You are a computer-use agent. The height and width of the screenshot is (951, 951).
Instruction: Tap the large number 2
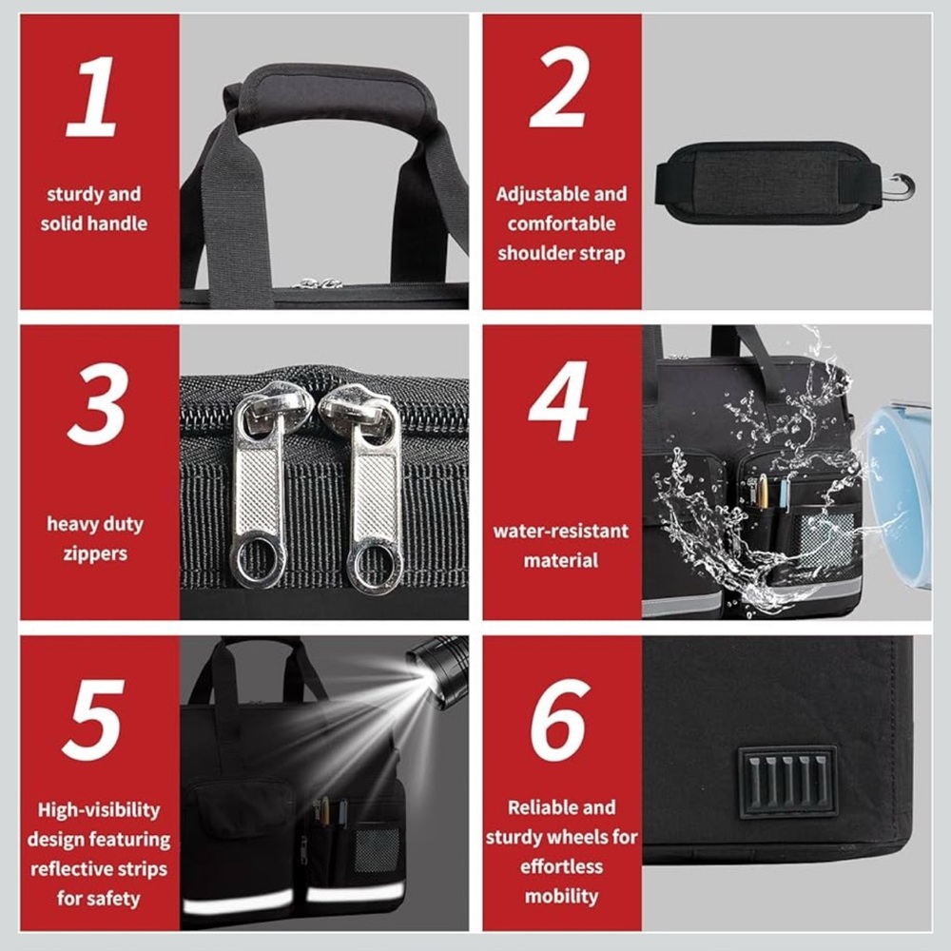pyautogui.click(x=559, y=87)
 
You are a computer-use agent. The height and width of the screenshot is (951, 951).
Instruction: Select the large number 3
pyautogui.click(x=98, y=404)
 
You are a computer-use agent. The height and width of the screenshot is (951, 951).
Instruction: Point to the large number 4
pyautogui.click(x=558, y=401)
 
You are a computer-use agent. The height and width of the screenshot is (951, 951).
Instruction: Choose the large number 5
pyautogui.click(x=93, y=720)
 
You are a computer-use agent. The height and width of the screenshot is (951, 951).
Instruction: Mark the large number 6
pyautogui.click(x=559, y=720)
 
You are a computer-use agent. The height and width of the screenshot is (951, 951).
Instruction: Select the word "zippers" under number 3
pyautogui.click(x=95, y=553)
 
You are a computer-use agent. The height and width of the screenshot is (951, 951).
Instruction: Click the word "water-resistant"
pyautogui.click(x=561, y=532)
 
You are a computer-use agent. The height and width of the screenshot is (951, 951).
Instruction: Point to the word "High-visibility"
pyautogui.click(x=99, y=810)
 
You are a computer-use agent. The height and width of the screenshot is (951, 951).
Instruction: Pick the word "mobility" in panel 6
pyautogui.click(x=562, y=897)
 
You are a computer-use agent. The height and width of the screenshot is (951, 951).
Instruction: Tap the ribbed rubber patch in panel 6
pyautogui.click(x=787, y=780)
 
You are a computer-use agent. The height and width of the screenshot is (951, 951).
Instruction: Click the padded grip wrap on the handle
pyautogui.click(x=334, y=96)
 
